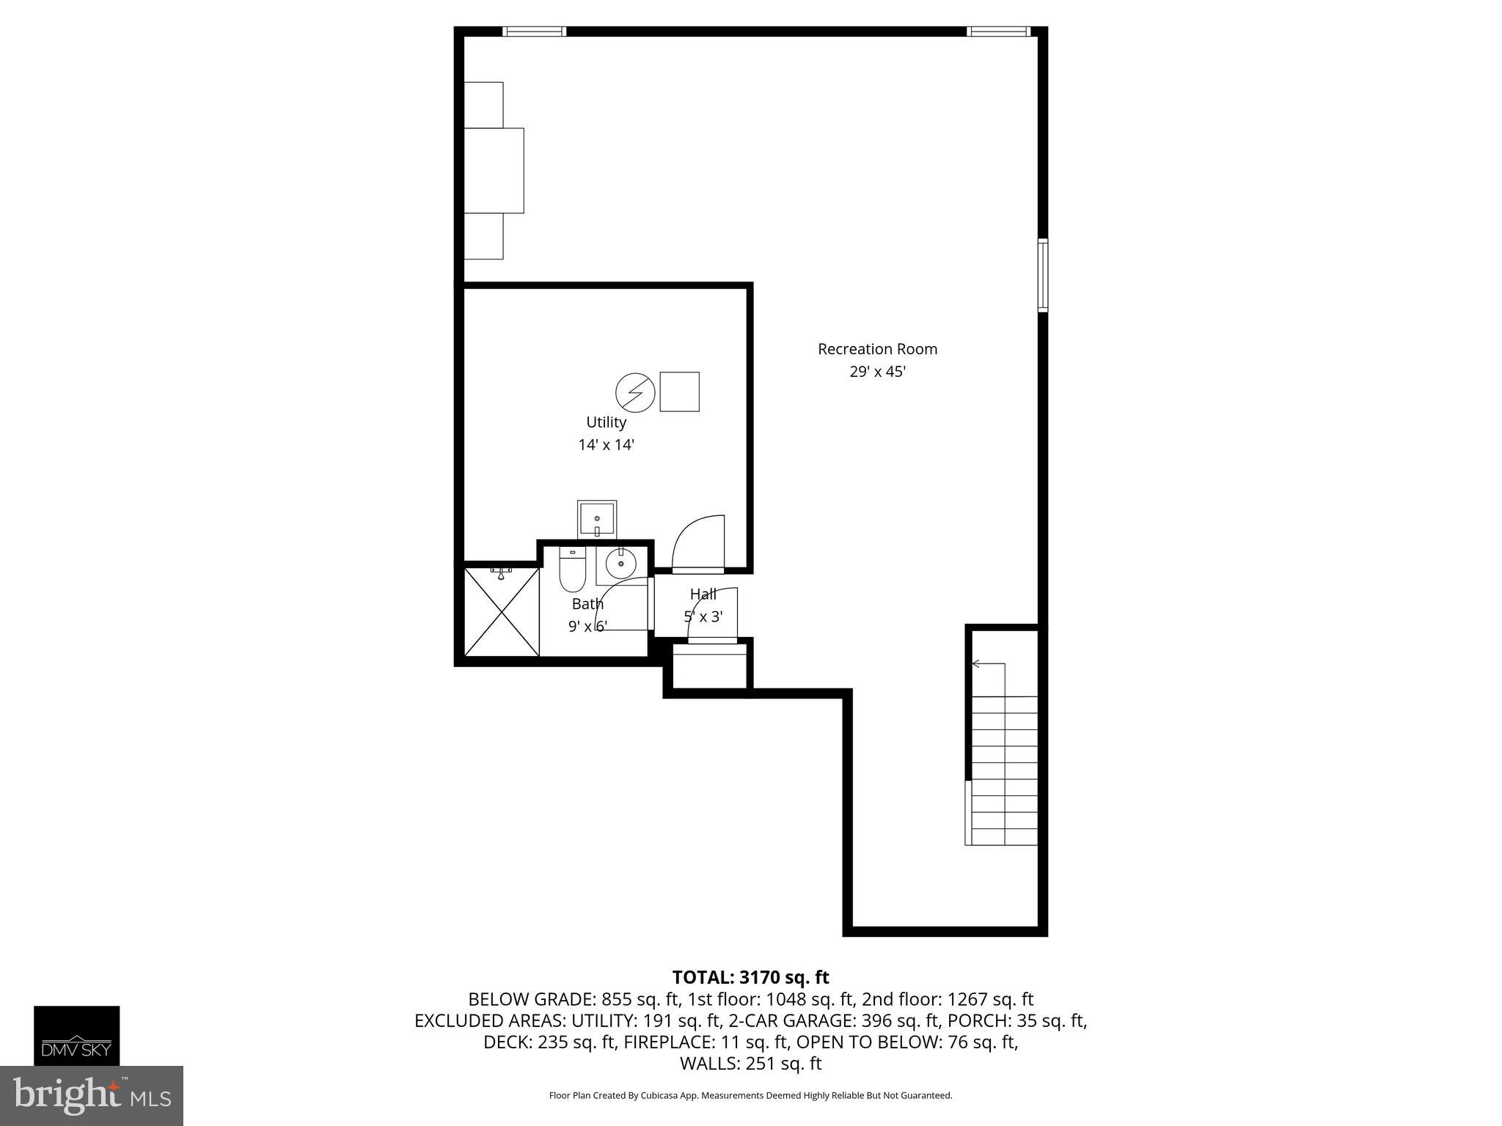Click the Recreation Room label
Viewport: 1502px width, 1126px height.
877,349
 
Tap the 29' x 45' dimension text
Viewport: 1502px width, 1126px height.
877,372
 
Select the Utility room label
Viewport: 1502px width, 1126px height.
606,422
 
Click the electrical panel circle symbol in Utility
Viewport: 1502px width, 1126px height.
634,392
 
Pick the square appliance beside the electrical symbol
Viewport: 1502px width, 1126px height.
679,391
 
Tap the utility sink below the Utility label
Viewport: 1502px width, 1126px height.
596,519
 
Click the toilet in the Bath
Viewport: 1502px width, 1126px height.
571,570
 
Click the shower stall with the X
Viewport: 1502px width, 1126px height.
502,612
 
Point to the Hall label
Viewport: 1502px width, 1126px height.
703,595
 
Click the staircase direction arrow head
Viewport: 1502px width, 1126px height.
975,664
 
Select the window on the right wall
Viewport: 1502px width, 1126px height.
1042,275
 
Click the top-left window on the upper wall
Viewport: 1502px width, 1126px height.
534,32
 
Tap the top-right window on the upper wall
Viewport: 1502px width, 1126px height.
998,32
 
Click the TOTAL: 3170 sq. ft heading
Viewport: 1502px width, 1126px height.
750,977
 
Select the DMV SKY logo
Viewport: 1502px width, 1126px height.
76,1035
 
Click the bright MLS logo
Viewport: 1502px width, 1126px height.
91,1095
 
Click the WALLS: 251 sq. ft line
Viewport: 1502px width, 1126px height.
750,1064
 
